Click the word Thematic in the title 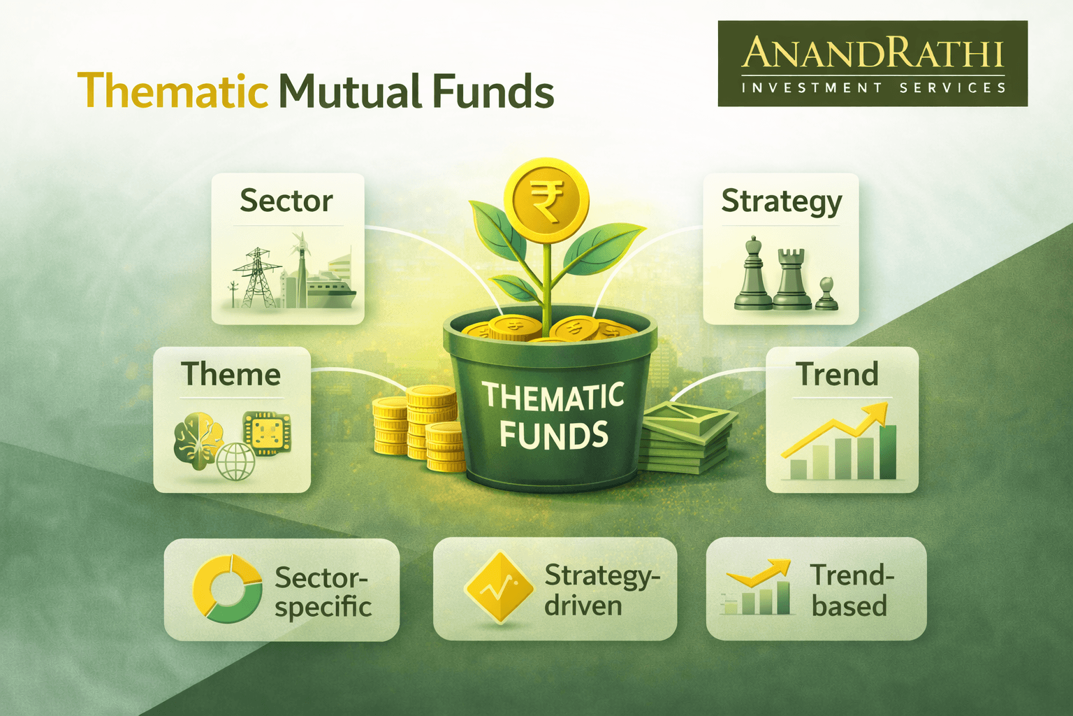click(173, 91)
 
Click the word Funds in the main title click(492, 91)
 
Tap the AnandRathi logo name click(873, 54)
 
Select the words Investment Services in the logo click(873, 88)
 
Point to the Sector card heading click(286, 201)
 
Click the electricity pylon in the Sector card click(256, 278)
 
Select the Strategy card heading click(781, 202)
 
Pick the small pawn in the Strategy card click(826, 294)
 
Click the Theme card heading click(231, 374)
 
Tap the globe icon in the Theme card click(235, 461)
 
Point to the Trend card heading click(837, 374)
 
